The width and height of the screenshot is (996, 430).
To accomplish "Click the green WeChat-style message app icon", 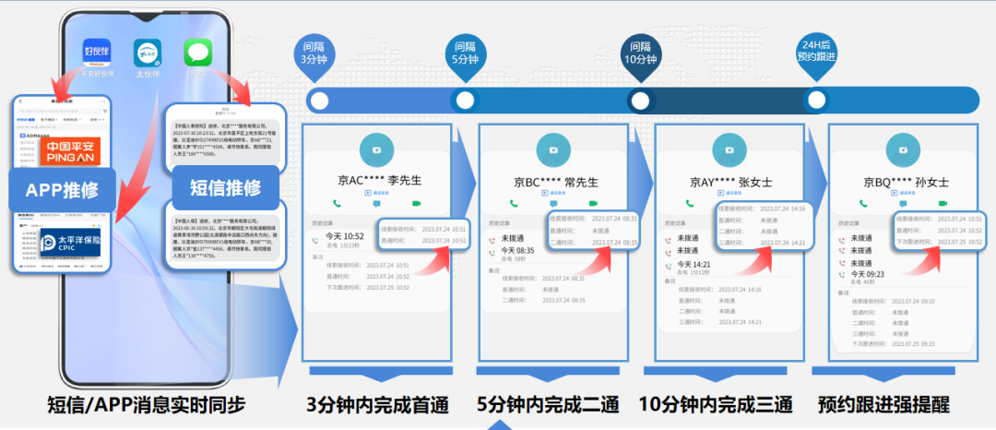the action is point(198,52).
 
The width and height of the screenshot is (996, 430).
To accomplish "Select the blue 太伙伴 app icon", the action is point(148,52).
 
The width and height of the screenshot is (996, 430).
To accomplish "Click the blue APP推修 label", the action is point(62,190).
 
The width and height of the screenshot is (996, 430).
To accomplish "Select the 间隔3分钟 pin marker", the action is point(312,53).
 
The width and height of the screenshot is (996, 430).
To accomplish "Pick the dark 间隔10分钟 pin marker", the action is point(640,53).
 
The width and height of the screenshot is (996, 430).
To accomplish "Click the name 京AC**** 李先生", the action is point(375,181).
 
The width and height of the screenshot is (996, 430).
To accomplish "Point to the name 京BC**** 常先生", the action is point(556,181).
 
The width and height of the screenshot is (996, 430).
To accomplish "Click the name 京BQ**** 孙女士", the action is point(906,181).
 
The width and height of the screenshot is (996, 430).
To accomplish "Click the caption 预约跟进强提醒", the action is point(884,405).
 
